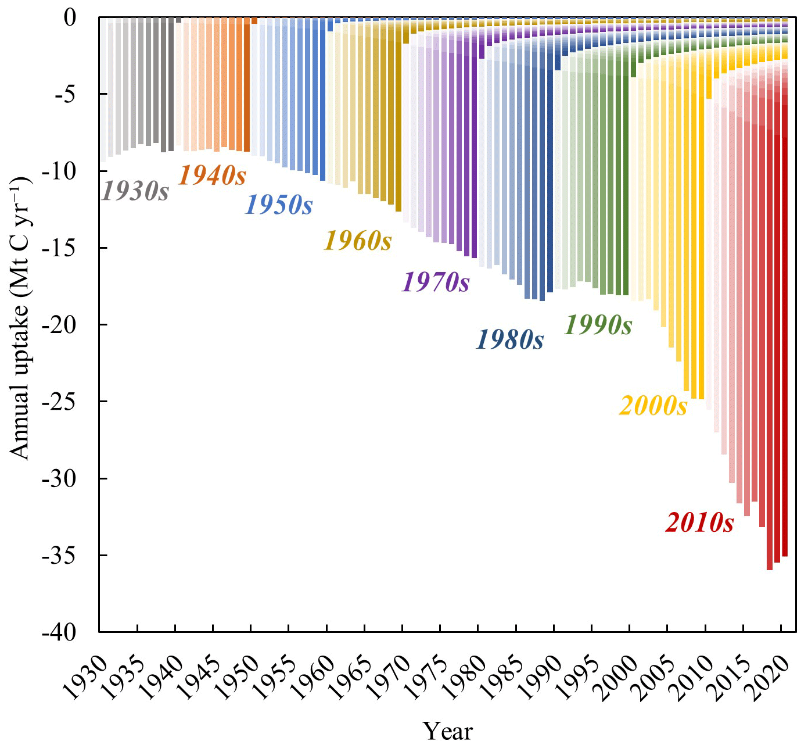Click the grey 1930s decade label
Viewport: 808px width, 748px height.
[x=135, y=191]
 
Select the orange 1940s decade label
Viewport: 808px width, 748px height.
[x=212, y=176]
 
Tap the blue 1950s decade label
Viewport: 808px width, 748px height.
[x=279, y=205]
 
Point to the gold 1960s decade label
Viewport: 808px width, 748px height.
[x=358, y=240]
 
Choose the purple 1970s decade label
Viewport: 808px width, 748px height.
[x=436, y=282]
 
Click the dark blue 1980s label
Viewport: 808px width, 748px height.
[x=510, y=340]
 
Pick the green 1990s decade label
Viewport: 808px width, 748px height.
[x=598, y=325]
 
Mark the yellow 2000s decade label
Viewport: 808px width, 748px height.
[x=653, y=406]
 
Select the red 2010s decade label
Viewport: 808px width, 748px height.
[x=700, y=522]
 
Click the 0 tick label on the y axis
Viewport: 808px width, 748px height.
[x=70, y=17]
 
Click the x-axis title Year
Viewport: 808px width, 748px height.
[x=447, y=731]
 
